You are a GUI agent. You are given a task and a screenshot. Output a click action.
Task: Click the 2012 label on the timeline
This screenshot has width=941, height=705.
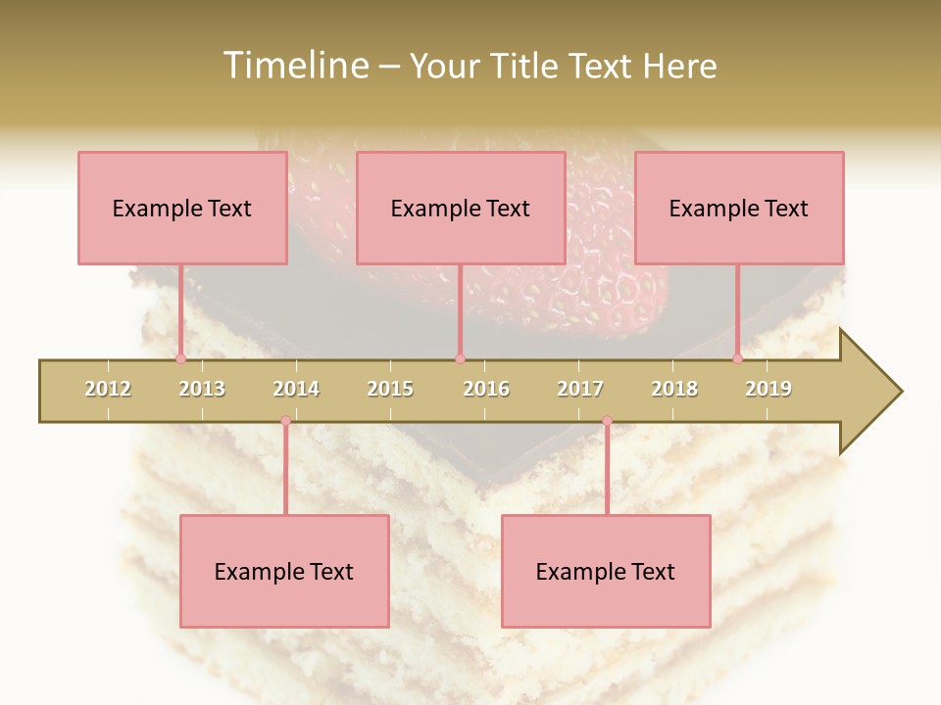pos(108,389)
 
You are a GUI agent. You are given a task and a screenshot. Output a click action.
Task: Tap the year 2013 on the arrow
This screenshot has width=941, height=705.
pos(202,389)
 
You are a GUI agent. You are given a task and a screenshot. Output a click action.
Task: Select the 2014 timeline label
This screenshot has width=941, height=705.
pos(296,389)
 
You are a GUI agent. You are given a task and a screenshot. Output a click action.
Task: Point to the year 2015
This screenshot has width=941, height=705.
pos(390,389)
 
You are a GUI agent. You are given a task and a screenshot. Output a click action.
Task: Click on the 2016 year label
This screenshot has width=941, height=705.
pos(486,389)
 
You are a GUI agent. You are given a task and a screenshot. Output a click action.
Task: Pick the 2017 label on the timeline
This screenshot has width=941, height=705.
pos(580,389)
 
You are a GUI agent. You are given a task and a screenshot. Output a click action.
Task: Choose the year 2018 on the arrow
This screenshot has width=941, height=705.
pos(674,389)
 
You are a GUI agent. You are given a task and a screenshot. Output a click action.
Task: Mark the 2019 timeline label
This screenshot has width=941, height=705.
pos(768,389)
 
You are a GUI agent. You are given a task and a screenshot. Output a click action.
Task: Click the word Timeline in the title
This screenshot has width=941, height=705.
pos(294,66)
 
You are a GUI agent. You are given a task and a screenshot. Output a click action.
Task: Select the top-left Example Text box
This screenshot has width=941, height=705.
pos(182,208)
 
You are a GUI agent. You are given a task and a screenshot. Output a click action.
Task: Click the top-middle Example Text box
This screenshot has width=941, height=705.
pos(461,208)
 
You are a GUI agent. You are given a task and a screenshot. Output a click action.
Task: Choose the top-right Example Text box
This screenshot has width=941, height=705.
pos(739,208)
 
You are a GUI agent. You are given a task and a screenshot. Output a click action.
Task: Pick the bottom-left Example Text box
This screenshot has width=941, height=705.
pos(284,571)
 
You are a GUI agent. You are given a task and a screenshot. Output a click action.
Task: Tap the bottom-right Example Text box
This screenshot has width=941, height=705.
pos(606,571)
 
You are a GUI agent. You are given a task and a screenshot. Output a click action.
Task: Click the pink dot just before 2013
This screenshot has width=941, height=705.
pos(180,359)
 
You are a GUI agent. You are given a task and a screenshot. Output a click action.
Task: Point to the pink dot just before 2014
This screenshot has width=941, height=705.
pos(285,421)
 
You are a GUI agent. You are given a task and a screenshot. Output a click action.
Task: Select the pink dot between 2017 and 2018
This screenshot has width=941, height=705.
pos(607,421)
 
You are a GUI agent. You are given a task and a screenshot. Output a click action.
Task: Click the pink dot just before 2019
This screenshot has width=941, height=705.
pos(737,359)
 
